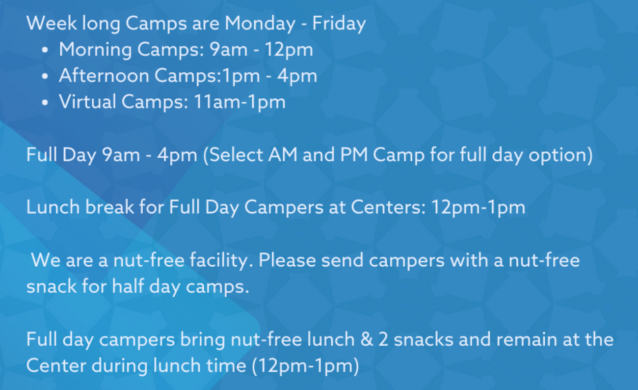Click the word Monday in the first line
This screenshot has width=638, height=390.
(260, 24)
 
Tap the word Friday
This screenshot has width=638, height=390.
(339, 24)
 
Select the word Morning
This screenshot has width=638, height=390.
(95, 50)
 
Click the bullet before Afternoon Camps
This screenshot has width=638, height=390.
(45, 77)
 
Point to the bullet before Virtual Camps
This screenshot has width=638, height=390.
(45, 103)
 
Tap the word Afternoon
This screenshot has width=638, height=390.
(104, 76)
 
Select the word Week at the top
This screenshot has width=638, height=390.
(52, 23)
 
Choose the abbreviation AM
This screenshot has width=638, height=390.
(283, 155)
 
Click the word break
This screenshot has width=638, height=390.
(109, 207)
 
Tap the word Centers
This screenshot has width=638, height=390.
(389, 208)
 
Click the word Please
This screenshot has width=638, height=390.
(287, 260)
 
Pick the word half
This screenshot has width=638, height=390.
(128, 286)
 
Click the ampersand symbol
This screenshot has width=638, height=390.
(367, 340)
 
